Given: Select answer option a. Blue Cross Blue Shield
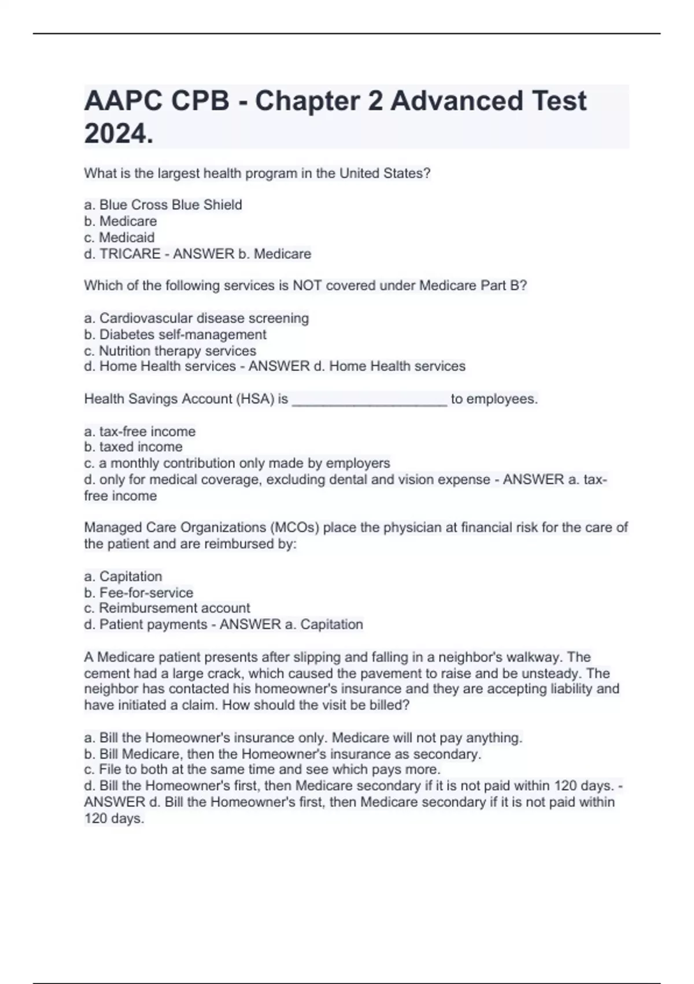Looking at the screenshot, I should click(x=163, y=205).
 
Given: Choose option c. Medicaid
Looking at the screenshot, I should click(x=119, y=237).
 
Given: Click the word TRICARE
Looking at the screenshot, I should click(x=130, y=254).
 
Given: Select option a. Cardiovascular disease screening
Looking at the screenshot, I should click(x=197, y=318).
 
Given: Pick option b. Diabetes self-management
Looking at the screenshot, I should click(x=175, y=335).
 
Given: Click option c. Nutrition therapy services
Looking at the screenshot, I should click(x=170, y=351).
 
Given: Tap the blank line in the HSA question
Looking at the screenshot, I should click(x=370, y=400).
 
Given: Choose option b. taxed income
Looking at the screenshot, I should click(x=133, y=447).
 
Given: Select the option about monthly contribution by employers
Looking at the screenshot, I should click(x=237, y=463).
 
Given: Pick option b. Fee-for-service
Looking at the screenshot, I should click(x=139, y=593).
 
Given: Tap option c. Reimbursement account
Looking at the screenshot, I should click(x=167, y=608).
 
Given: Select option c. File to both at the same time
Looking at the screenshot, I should click(x=262, y=770).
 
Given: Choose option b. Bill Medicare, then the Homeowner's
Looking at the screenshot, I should click(x=282, y=754).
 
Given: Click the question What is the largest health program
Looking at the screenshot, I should click(x=257, y=174).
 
